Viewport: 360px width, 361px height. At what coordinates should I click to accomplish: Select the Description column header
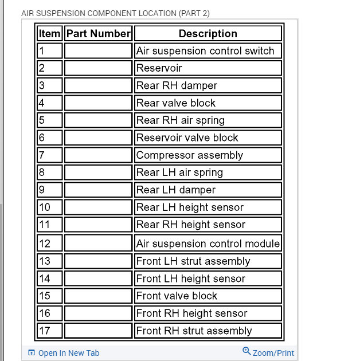coord(208,34)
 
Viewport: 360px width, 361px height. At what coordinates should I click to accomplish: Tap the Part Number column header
coord(99,34)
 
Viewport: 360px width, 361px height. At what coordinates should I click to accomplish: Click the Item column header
coord(49,34)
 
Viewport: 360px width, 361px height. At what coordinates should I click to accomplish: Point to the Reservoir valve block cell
coord(187,138)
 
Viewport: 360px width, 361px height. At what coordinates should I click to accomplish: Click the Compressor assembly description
coord(189,155)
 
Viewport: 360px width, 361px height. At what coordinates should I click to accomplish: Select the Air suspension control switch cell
coord(205,51)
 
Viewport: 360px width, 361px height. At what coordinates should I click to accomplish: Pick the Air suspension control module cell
coord(208,244)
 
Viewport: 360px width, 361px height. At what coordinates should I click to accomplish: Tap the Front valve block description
coord(177,296)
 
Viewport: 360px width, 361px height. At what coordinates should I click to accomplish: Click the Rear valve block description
coord(175,103)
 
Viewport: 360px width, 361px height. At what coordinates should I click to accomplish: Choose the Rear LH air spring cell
coord(179,172)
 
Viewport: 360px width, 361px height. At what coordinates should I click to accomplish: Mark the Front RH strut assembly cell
coord(194,331)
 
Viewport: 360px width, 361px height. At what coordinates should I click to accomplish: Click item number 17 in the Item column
coord(45,331)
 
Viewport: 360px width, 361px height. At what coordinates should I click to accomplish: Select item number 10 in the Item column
coord(45,207)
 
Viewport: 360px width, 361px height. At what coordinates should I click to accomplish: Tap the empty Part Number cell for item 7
coord(99,155)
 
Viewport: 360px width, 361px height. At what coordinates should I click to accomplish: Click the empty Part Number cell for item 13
coord(99,261)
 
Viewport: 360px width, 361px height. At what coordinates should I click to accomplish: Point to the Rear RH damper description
coord(177,86)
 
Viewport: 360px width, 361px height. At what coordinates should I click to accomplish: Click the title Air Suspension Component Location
coord(115,13)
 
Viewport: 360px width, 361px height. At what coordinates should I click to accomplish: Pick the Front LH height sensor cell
coord(190,278)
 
